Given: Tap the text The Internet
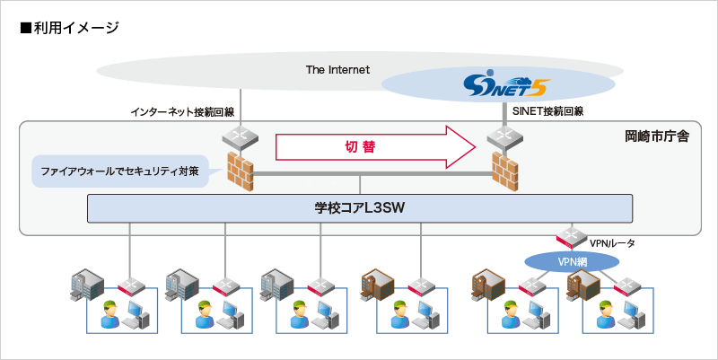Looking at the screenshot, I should pyautogui.click(x=337, y=69).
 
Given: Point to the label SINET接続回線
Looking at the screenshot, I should pyautogui.click(x=547, y=112).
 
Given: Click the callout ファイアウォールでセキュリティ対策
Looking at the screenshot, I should pyautogui.click(x=118, y=170).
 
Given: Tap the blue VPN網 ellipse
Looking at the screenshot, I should pyautogui.click(x=572, y=261).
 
